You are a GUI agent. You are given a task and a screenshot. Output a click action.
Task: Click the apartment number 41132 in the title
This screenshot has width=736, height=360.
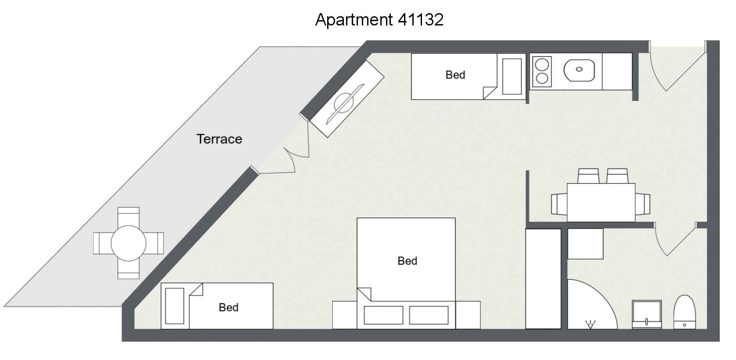(421, 20)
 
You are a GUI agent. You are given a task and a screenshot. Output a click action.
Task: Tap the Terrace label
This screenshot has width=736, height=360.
(219, 139)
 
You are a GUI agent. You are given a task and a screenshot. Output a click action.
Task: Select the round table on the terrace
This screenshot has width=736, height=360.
(129, 243)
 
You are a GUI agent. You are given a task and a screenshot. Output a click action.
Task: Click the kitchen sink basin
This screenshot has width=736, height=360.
(579, 70)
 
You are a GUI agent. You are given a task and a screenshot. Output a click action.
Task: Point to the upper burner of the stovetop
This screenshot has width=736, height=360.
(542, 65)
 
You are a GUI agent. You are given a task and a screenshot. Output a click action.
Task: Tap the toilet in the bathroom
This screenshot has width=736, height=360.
(685, 312)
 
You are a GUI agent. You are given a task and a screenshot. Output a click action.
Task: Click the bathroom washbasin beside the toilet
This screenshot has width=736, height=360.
(646, 314)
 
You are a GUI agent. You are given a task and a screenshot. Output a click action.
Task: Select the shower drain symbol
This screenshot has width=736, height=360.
(591, 324)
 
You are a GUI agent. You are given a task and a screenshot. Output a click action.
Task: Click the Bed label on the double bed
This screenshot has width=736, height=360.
(408, 261)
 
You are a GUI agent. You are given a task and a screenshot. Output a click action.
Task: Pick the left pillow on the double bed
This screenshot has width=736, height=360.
(383, 315)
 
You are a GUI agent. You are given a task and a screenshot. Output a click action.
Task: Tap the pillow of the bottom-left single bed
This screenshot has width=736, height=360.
(174, 306)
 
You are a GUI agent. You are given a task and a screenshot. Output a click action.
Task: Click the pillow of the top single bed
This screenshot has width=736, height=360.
(512, 76)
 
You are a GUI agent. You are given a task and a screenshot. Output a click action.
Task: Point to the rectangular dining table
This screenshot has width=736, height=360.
(601, 202)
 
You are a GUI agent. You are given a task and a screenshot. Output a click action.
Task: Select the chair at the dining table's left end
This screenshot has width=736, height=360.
(559, 204)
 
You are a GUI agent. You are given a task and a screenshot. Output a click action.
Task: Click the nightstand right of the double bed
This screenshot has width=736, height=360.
(468, 315)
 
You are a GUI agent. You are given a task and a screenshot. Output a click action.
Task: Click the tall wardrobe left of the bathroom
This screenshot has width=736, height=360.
(543, 278)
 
